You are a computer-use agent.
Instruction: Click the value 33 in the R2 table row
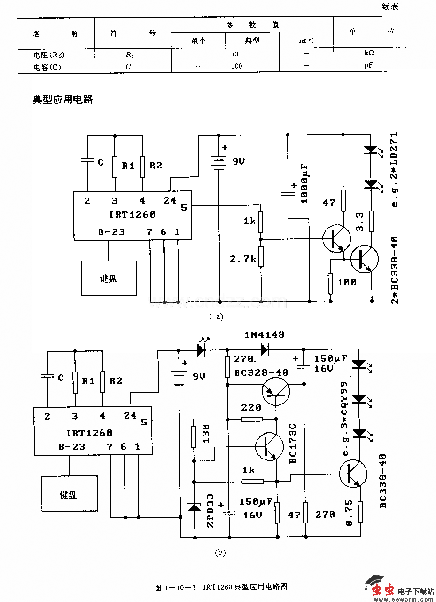coord(235,54)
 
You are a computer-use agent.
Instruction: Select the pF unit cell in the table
coord(369,66)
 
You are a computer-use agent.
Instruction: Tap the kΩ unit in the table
coord(369,54)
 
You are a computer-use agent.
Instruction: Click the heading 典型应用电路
coord(62,100)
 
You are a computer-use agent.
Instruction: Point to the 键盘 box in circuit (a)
coord(109,278)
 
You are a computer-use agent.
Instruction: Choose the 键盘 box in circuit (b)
coord(69,494)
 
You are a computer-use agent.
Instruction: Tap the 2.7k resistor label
coord(242,259)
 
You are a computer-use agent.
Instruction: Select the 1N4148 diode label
coord(265,335)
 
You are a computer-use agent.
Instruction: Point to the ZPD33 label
coord(210,510)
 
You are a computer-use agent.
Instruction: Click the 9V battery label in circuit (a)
coord(238,161)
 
